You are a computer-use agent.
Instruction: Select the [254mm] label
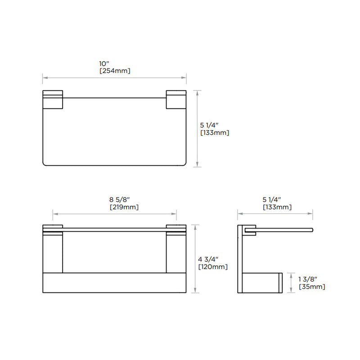[114, 71]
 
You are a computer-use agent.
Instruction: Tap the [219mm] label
[124, 207]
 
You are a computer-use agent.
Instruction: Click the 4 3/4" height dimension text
[208, 259]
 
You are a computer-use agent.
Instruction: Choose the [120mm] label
[212, 267]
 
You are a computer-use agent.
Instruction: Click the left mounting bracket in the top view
[53, 100]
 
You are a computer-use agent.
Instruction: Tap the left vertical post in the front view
[53, 253]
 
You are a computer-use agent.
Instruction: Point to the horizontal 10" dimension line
[114, 77]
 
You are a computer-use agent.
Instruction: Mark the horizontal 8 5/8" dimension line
[114, 214]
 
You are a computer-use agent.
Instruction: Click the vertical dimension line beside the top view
[196, 128]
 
